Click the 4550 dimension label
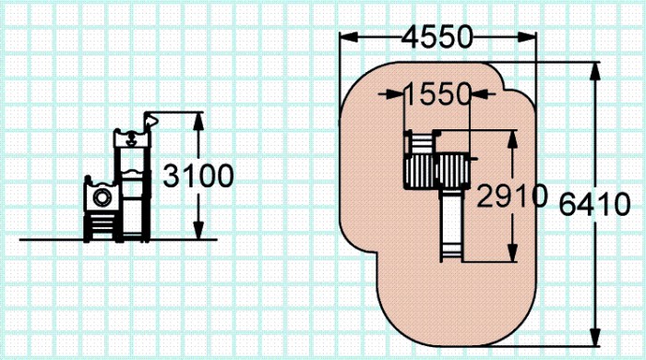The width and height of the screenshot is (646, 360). tap(437, 37)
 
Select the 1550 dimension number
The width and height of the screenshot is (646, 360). tap(437, 94)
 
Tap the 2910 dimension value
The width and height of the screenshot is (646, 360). tap(512, 196)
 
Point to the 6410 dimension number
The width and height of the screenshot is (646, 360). tap(594, 204)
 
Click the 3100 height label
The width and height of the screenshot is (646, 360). tap(198, 176)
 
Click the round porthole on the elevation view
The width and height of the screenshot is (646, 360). tap(102, 198)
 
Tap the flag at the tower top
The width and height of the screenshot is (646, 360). tap(151, 120)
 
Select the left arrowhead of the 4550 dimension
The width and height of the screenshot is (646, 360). tap(349, 37)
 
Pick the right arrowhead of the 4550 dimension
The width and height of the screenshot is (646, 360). tap(527, 37)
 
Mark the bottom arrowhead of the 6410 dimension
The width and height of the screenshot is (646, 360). tap(595, 337)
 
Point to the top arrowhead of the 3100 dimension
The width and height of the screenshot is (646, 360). tap(198, 122)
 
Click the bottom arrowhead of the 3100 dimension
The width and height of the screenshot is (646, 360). tap(198, 230)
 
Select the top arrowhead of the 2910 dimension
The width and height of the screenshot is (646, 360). tap(512, 139)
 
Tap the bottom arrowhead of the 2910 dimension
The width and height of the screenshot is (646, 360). tap(512, 253)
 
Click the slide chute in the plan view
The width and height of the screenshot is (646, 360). tap(452, 225)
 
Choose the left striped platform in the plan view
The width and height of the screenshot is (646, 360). tap(420, 171)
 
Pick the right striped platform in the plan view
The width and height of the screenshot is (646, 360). tap(453, 171)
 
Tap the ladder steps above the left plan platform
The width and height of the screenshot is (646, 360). tap(421, 142)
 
